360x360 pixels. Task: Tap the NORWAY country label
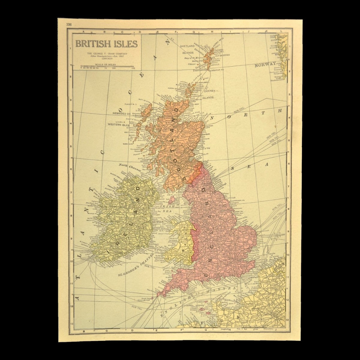(x=265, y=64)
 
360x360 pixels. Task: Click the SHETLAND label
(x=187, y=46)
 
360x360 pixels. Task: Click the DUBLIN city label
(x=158, y=222)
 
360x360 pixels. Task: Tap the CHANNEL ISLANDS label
(x=195, y=305)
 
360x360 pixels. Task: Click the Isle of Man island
(x=172, y=199)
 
